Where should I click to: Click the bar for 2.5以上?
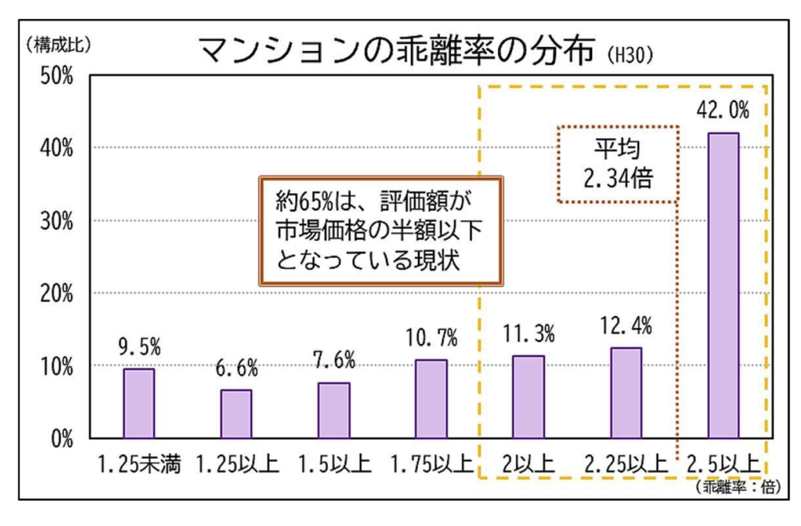pyautogui.click(x=724, y=285)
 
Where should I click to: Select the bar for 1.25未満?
pyautogui.click(x=139, y=403)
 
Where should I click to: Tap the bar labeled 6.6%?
pyautogui.click(x=236, y=413)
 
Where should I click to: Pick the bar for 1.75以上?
pyautogui.click(x=431, y=398)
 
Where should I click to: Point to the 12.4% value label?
pyautogui.click(x=626, y=326)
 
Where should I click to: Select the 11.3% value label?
pyautogui.click(x=529, y=333)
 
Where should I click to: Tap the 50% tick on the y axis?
pyautogui.click(x=57, y=75)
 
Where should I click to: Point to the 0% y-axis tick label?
pyautogui.click(x=61, y=439)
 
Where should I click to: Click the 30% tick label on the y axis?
pyautogui.click(x=57, y=221)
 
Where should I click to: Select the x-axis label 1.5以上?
pyautogui.click(x=333, y=464)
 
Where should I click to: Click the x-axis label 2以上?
pyautogui.click(x=529, y=464)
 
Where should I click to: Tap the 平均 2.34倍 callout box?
pyautogui.click(x=617, y=164)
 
